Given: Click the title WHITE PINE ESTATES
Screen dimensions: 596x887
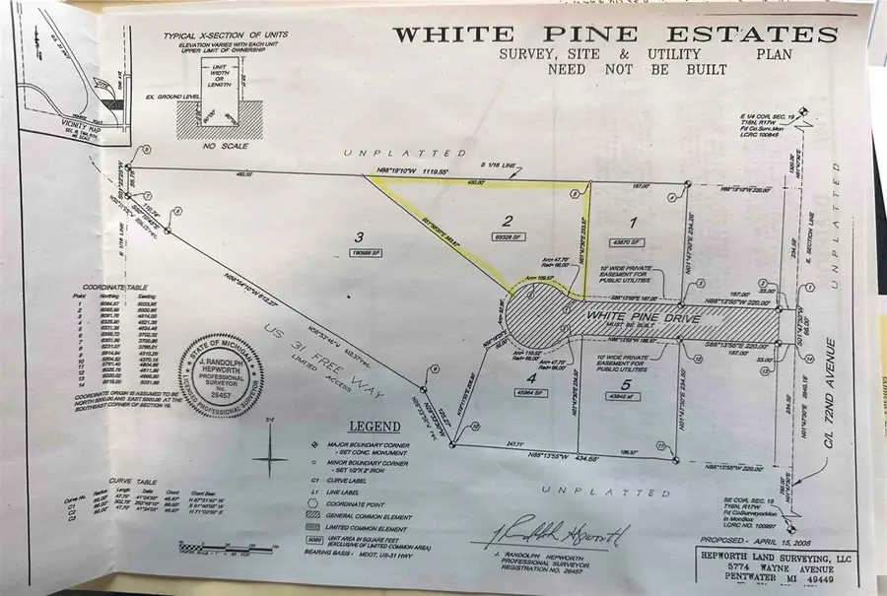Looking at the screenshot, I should (x=616, y=35).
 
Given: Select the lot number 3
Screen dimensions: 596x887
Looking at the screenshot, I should (x=361, y=236).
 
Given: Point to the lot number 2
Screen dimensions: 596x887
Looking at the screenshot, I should (x=509, y=221).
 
